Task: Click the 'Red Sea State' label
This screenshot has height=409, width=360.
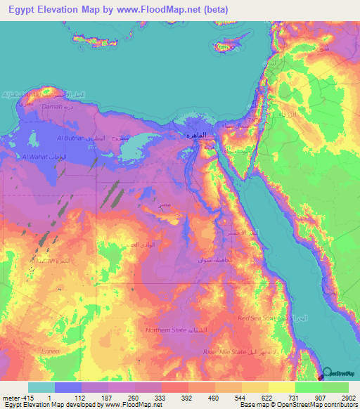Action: (257, 318)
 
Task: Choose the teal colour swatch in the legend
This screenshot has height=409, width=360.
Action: (41, 387)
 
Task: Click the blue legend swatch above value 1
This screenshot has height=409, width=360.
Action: (68, 387)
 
